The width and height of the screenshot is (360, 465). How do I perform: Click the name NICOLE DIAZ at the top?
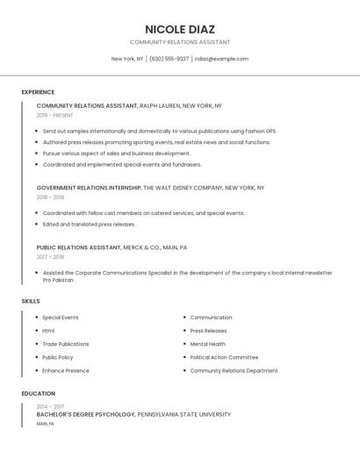pyautogui.click(x=179, y=29)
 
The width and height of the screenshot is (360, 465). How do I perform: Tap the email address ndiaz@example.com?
pyautogui.click(x=221, y=59)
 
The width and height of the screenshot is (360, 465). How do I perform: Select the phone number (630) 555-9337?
pyautogui.click(x=169, y=59)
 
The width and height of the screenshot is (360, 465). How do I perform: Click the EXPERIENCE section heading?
pyautogui.click(x=38, y=92)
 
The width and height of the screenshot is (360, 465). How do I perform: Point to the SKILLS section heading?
pyautogui.click(x=31, y=301)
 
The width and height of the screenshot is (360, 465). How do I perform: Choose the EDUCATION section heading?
pyautogui.click(x=39, y=394)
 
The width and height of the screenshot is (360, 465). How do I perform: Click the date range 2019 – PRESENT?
pyautogui.click(x=55, y=115)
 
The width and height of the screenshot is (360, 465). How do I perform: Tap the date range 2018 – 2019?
pyautogui.click(x=50, y=197)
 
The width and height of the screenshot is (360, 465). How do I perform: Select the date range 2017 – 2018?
pyautogui.click(x=50, y=257)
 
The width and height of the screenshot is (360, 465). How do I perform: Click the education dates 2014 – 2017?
pyautogui.click(x=50, y=406)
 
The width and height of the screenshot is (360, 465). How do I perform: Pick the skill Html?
pyautogui.click(x=48, y=331)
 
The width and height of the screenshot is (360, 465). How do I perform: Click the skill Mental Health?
pyautogui.click(x=207, y=344)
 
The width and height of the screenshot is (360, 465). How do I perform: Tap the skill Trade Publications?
pyautogui.click(x=65, y=344)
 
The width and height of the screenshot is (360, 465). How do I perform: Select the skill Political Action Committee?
pyautogui.click(x=224, y=357)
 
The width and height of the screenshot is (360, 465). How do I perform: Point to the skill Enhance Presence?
pyautogui.click(x=65, y=370)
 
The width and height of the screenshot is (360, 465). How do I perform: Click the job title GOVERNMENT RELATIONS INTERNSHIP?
pyautogui.click(x=89, y=188)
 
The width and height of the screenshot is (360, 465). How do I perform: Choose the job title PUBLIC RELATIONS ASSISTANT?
pyautogui.click(x=78, y=247)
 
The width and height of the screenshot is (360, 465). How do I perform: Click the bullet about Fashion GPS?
pyautogui.click(x=159, y=131)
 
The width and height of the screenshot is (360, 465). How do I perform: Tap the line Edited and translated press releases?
pyautogui.click(x=88, y=224)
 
